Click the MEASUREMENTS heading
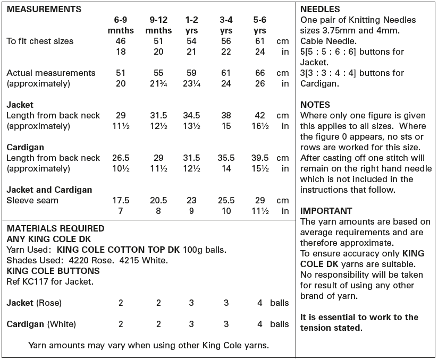click(44, 9)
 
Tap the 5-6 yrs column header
click(260, 25)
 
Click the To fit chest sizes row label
click(40, 41)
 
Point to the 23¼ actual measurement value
click(191, 83)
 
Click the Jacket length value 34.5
click(191, 115)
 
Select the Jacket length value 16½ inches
click(260, 126)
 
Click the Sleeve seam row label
click(32, 200)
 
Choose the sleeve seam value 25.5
click(226, 200)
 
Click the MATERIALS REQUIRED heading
click(55, 228)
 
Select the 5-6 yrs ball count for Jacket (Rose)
click(260, 303)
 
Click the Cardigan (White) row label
click(41, 324)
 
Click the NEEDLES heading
click(320, 9)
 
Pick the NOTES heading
click(315, 105)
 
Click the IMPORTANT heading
click(326, 211)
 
